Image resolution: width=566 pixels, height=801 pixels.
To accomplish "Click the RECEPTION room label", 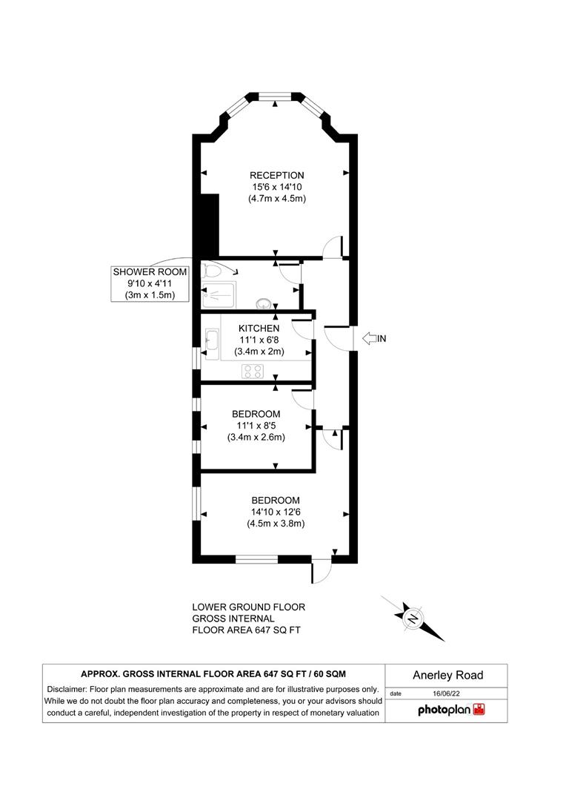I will click(276, 175).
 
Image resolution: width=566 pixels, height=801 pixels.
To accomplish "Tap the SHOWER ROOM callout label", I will click(150, 272).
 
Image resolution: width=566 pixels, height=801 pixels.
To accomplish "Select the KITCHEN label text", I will click(259, 328).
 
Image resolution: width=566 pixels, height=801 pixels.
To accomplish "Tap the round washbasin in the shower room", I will click(264, 303).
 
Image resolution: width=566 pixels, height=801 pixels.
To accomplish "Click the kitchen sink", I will click(211, 342).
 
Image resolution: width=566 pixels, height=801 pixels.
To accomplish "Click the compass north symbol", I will click(413, 617).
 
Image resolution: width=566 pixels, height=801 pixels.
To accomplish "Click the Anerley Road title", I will click(447, 675).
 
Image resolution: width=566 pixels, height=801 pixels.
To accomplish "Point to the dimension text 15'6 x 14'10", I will click(276, 187).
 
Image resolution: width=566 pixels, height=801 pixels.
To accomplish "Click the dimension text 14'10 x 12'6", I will click(276, 511).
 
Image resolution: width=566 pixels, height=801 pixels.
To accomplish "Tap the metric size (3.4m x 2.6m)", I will click(256, 437).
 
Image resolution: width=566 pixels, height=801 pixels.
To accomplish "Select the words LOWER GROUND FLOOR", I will click(248, 607).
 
